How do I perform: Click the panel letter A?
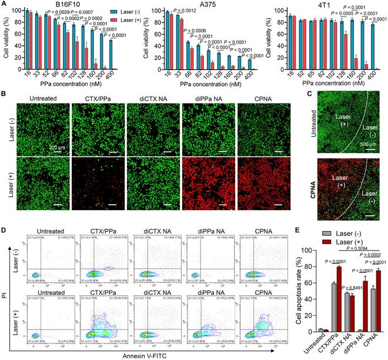click(x=5, y=4)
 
